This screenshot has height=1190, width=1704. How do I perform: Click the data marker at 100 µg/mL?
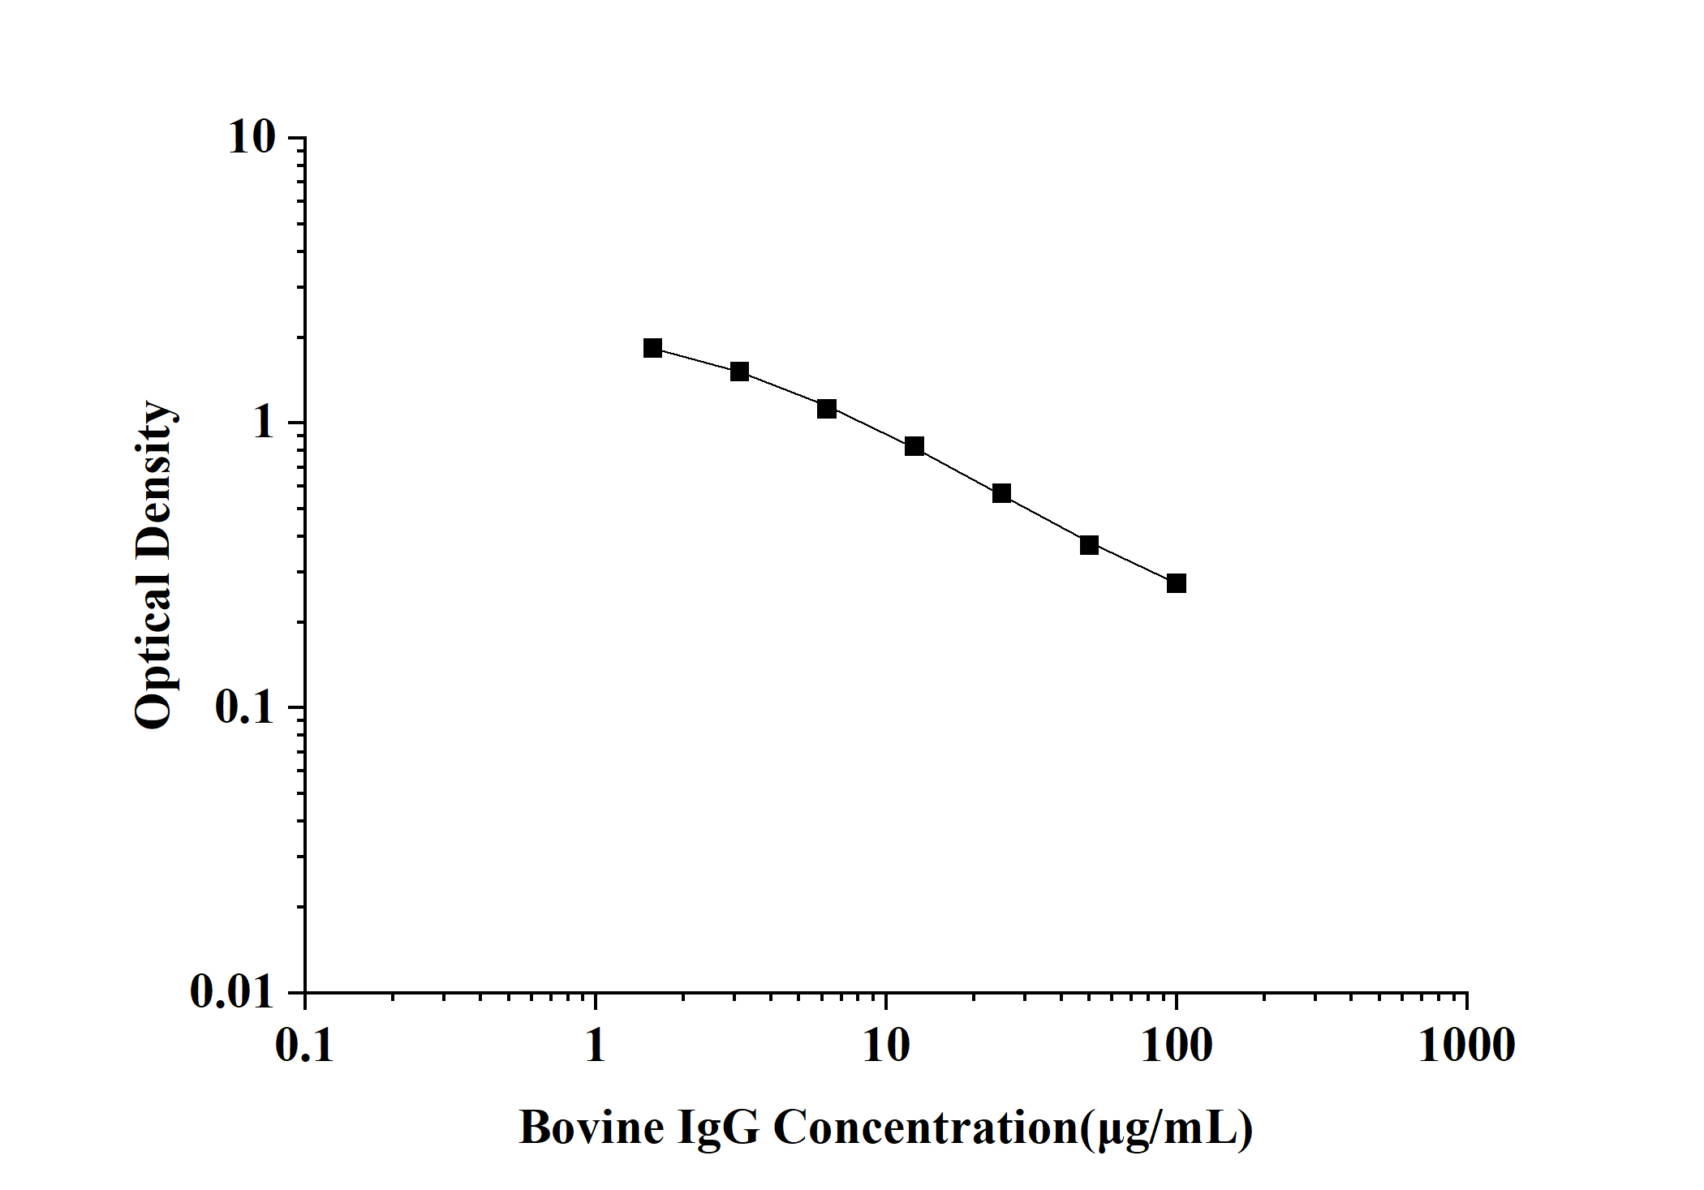pyautogui.click(x=1176, y=583)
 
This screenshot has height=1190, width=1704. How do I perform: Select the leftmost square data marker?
pyautogui.click(x=652, y=348)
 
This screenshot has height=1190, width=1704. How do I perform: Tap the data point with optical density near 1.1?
pyautogui.click(x=827, y=409)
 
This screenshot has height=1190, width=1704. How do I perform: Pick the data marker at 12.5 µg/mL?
pyautogui.click(x=914, y=446)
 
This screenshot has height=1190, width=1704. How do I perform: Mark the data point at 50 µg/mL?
pyautogui.click(x=1089, y=545)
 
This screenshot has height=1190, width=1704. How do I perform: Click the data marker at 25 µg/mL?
pyautogui.click(x=1001, y=493)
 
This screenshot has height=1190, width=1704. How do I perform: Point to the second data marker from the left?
pyautogui.click(x=739, y=372)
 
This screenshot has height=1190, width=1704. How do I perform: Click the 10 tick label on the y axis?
pyautogui.click(x=252, y=138)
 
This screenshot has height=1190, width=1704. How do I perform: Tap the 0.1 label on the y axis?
pyautogui.click(x=245, y=708)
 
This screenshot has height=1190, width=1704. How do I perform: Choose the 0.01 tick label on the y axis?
pyautogui.click(x=233, y=992)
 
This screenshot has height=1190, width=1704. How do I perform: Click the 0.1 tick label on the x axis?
pyautogui.click(x=305, y=1046)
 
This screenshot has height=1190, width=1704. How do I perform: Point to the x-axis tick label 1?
pyautogui.click(x=596, y=1046)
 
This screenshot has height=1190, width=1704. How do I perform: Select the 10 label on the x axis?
pyautogui.click(x=886, y=1046)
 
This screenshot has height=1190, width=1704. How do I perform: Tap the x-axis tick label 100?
pyautogui.click(x=1177, y=1046)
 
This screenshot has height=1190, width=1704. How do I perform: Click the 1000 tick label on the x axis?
pyautogui.click(x=1466, y=1046)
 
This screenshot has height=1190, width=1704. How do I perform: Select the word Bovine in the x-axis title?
pyautogui.click(x=592, y=1128)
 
